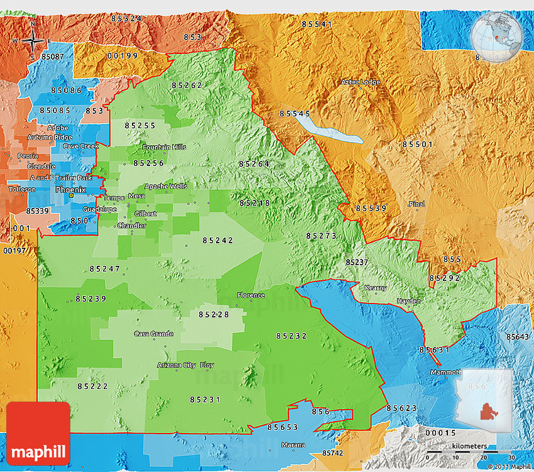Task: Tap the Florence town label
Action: [x=251, y=295]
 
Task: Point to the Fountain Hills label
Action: [x=165, y=147]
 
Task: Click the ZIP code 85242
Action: [x=218, y=240]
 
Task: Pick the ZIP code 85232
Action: [x=292, y=336]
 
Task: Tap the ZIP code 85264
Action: [x=254, y=164]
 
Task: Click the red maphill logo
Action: [x=38, y=434]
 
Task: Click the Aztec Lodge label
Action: [x=360, y=82]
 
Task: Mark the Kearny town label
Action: [x=376, y=287]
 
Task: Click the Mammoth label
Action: [x=446, y=372]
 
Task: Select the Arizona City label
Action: [x=176, y=365]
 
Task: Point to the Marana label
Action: [x=293, y=445]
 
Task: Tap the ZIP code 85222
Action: [x=93, y=386]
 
